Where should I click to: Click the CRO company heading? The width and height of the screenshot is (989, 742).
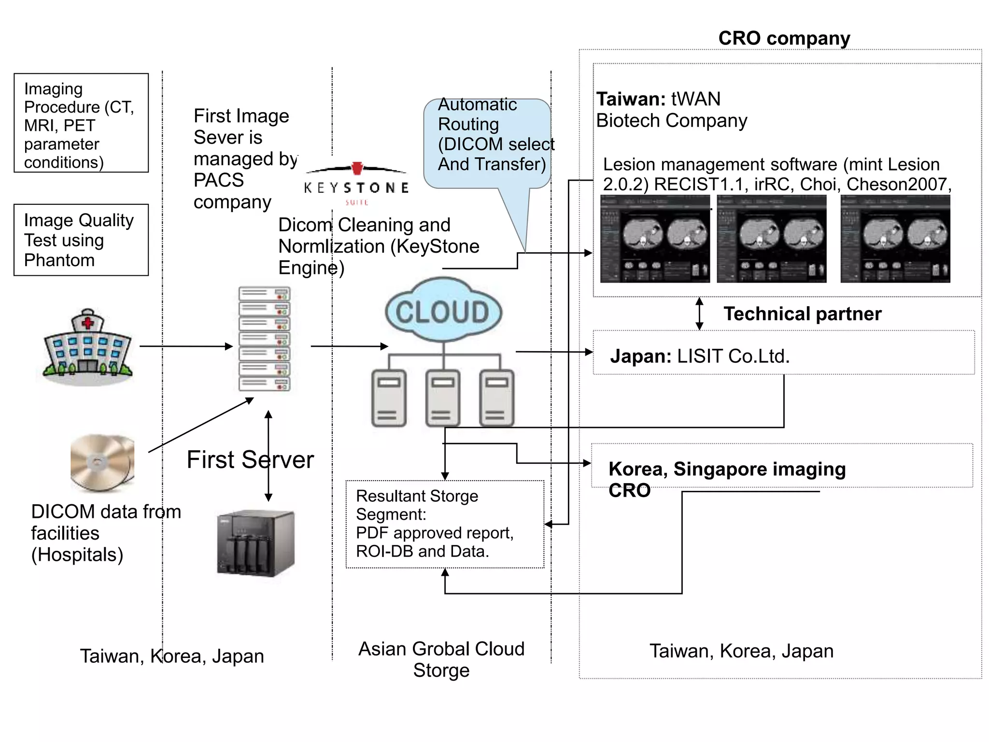(784, 38)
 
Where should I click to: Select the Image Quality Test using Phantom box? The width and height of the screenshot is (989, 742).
(81, 240)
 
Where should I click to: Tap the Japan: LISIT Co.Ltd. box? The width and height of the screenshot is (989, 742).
(783, 353)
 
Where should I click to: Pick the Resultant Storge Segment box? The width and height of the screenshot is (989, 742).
(445, 524)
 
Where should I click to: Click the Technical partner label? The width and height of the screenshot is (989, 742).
(802, 314)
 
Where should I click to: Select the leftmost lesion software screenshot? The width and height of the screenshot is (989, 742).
(655, 239)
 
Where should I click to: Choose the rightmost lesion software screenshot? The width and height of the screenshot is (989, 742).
(895, 239)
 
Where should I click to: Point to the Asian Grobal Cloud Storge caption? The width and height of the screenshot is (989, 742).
(441, 659)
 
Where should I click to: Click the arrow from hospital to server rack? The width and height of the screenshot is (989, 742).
(186, 346)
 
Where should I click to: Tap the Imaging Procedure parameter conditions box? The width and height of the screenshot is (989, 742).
(81, 123)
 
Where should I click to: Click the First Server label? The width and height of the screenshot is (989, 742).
(250, 459)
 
